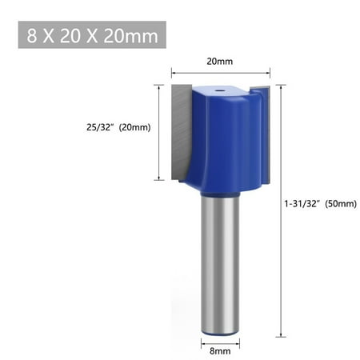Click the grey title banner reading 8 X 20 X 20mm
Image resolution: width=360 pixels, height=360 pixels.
[91, 36]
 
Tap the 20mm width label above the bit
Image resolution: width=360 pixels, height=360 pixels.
[221, 59]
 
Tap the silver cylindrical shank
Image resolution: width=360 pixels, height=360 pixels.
[220, 256]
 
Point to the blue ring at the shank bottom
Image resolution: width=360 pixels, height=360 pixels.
[220, 327]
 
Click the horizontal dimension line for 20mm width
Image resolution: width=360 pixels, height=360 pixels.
[221, 72]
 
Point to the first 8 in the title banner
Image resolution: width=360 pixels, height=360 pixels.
[31, 36]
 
